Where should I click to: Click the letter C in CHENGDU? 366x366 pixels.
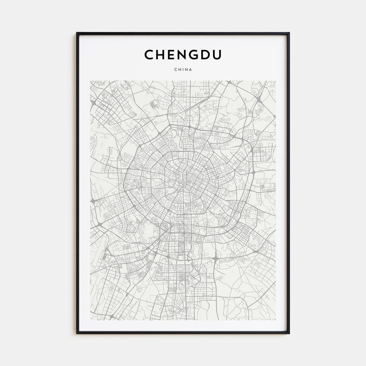149,55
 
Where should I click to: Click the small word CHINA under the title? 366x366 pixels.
183,69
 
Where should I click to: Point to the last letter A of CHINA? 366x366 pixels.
191,69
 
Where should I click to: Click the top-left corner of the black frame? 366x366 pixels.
77,33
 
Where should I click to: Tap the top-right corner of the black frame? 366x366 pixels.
289,33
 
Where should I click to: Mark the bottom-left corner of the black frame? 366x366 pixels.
77,333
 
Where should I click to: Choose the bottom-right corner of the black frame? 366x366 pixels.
289,333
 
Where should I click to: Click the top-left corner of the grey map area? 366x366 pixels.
90,81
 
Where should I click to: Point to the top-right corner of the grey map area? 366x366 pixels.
276,81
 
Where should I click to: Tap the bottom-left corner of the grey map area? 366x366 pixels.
90,320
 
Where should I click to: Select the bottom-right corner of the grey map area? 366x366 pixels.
276,320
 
